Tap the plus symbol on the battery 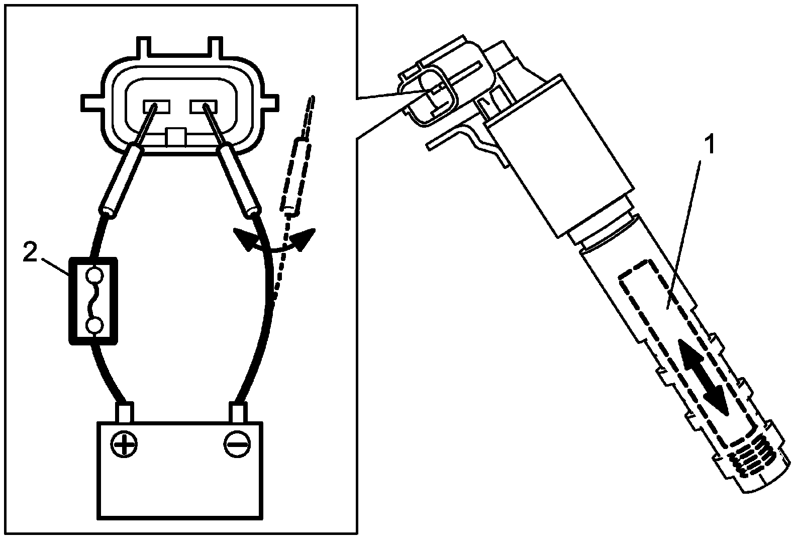pos(124,444)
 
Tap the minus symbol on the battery pos(237,444)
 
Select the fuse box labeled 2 pos(93,301)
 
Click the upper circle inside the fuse pos(95,275)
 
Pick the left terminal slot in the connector pos(157,107)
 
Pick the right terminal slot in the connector pos(204,107)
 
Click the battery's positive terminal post pos(125,413)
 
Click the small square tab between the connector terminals pos(176,137)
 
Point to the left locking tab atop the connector pos(144,46)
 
